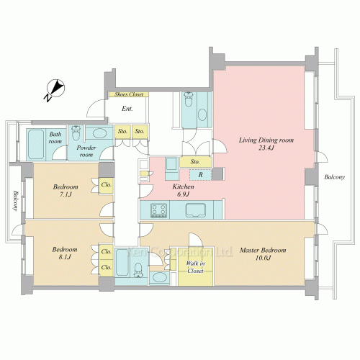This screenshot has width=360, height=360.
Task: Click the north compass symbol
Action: (56, 89)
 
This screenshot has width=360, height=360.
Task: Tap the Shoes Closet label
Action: (129, 94)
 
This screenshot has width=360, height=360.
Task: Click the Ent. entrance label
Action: (127, 109)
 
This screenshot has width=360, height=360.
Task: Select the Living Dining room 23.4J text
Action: (266, 144)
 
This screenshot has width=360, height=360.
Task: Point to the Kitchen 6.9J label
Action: (183, 190)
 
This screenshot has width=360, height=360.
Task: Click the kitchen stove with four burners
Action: (158, 210)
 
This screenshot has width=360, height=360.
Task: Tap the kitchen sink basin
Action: (196, 210)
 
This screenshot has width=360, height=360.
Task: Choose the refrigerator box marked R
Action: (200, 175)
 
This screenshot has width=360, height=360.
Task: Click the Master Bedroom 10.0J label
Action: (263, 254)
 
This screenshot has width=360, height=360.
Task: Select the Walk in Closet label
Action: (195, 267)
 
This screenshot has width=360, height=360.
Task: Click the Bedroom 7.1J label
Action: (66, 191)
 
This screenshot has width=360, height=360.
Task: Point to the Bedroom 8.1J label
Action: (65, 253)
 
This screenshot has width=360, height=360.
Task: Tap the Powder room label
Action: (86, 151)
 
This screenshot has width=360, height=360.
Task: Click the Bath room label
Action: (55, 138)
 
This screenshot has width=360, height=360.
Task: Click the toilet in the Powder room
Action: (76, 133)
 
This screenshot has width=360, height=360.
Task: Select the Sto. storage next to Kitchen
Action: (195, 162)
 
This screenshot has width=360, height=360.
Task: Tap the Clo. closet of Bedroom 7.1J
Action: (106, 185)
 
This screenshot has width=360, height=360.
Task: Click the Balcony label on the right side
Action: (335, 177)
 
